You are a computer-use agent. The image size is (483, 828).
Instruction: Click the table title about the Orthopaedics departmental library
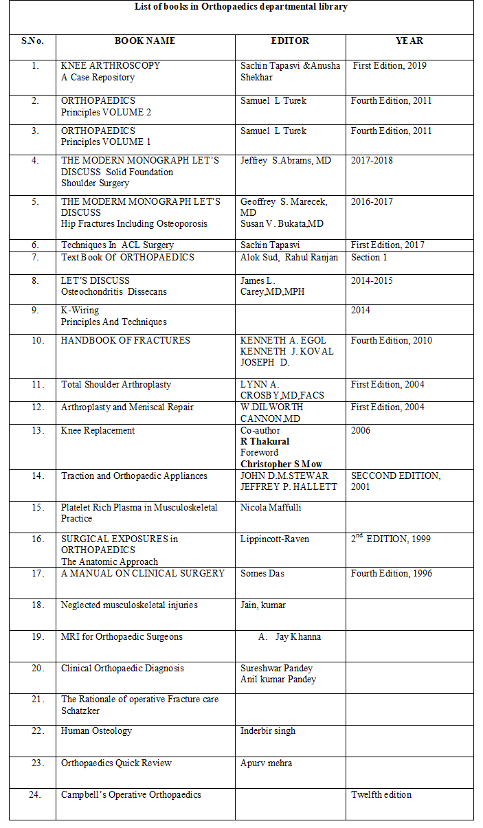(x=240, y=7)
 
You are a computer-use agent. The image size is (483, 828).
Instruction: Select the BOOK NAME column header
(x=145, y=41)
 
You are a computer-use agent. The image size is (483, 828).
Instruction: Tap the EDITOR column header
(x=290, y=41)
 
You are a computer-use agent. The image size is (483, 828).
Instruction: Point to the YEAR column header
(x=409, y=41)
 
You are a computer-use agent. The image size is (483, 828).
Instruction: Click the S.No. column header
(x=32, y=41)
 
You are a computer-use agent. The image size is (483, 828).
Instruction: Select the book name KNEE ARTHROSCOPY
(x=111, y=66)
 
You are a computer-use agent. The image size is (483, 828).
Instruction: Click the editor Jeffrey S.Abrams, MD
(x=286, y=161)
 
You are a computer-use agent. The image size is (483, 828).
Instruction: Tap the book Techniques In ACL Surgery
(x=117, y=245)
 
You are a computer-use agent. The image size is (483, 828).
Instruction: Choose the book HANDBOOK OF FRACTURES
(x=126, y=341)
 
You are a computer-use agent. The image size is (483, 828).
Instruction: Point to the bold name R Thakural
(x=265, y=442)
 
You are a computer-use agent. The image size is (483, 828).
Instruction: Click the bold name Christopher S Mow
(x=281, y=465)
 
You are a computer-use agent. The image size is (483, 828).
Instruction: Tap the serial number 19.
(x=35, y=637)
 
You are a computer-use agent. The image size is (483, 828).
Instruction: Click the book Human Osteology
(x=96, y=731)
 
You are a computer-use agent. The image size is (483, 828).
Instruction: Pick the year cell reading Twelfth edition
(x=381, y=795)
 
